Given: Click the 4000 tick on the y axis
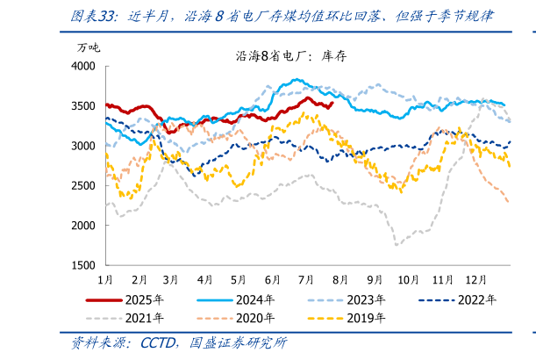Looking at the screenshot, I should point(84,66).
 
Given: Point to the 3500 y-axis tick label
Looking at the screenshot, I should point(84,105).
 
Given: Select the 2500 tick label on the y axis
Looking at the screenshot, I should point(84,185).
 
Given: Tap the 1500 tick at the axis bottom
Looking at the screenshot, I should point(84,265).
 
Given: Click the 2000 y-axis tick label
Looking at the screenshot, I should point(84,226).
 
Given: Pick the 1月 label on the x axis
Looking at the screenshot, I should point(104,279).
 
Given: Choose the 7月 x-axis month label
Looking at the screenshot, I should point(306,279).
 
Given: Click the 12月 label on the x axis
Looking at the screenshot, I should point(475,279).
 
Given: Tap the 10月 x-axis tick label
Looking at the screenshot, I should point(408,279).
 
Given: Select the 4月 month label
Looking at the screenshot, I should point(205,279).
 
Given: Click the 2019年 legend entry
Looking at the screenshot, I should point(361,317).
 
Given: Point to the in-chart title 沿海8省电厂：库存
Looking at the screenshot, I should point(292,55).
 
